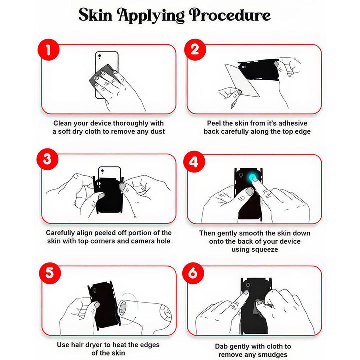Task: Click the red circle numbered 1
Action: (48, 50)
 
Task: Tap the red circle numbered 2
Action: (195, 50)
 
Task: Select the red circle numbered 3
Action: (48, 159)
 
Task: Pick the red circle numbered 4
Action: (194, 162)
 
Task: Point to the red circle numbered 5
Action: (50, 273)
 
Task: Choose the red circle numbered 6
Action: (193, 273)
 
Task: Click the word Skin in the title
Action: (95, 15)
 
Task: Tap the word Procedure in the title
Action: (230, 15)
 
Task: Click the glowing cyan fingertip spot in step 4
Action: (253, 177)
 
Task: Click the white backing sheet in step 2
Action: (241, 80)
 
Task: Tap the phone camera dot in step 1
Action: (100, 56)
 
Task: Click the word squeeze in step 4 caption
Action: (255, 250)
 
